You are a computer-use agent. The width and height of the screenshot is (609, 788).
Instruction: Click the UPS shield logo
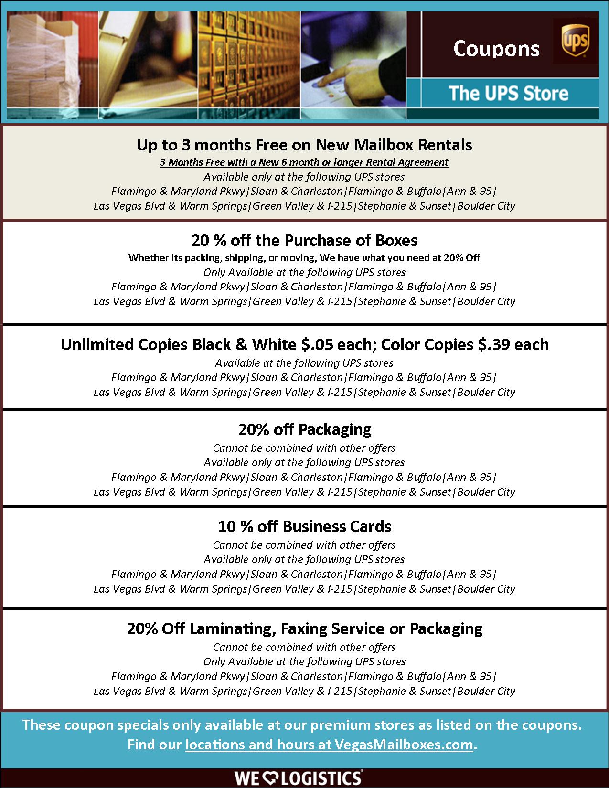click(x=575, y=41)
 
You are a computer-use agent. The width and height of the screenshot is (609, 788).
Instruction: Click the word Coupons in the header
click(x=496, y=49)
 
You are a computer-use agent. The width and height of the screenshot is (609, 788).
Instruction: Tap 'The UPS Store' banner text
click(x=508, y=93)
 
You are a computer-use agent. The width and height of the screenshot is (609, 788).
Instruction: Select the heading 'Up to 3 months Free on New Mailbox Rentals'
click(x=304, y=145)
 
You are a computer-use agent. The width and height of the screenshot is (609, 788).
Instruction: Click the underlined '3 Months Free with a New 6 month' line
click(x=304, y=162)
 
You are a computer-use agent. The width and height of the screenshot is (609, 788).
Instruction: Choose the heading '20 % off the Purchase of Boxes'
click(x=304, y=240)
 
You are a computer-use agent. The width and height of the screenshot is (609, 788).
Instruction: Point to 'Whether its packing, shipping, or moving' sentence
click(x=304, y=258)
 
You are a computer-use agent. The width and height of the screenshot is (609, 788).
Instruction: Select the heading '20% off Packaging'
click(x=304, y=429)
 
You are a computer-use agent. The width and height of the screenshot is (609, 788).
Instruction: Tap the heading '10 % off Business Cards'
click(x=304, y=526)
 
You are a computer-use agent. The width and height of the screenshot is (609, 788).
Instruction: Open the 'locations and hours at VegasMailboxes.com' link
click(x=329, y=745)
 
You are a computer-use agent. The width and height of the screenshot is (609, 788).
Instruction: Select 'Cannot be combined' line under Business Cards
click(x=304, y=545)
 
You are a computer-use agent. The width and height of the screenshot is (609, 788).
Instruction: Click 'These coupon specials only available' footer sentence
click(x=302, y=725)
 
